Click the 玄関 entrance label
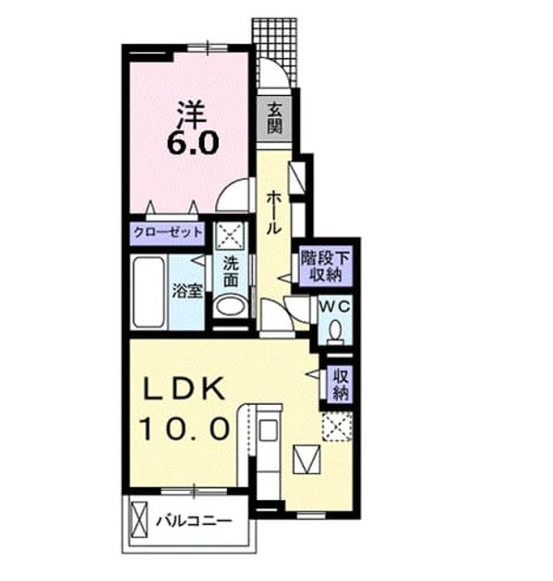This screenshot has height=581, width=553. pos(275,118)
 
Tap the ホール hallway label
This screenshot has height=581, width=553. pos(273,212)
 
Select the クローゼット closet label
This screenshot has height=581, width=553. pos(168,233)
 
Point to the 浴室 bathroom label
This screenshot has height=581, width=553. pos(186,290)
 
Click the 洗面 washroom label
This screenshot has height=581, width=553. pos(231,272)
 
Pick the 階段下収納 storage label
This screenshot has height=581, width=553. pos(325,266)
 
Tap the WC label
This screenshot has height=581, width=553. pos(335,307)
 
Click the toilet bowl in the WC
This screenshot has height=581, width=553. pos(336,332)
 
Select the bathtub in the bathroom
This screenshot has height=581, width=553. pos(149,292)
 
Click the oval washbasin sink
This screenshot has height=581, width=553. pos(230,306)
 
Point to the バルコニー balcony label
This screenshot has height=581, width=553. pos(194,522)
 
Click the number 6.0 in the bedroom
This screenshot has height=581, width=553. pos(193,143)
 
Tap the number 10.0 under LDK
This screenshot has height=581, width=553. pos(185,428)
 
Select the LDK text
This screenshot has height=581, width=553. pos(185,388)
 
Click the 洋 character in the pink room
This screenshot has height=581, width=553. pos(191,113)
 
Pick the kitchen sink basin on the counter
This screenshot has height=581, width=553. pos(268,430)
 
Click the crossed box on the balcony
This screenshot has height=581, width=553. pos(139,519)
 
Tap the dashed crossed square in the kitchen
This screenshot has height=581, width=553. pos(336,426)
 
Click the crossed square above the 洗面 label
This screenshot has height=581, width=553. pos(230,236)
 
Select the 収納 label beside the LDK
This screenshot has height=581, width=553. pos(341,385)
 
